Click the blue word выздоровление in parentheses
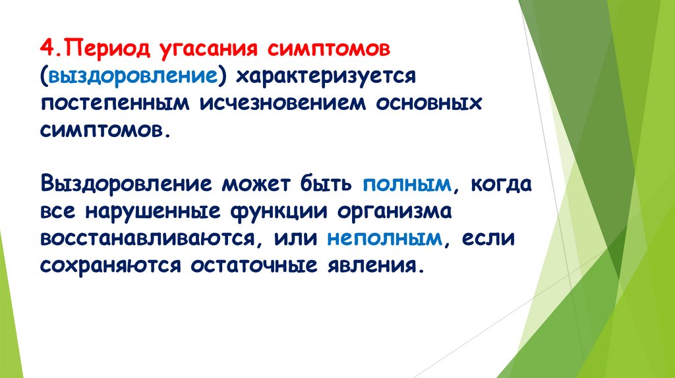pyautogui.click(x=131, y=78)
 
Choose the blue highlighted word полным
pyautogui.click(x=406, y=184)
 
